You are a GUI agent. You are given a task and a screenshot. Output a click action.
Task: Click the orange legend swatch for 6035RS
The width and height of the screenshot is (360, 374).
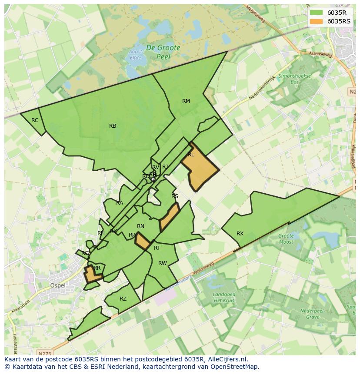click(x=316, y=21)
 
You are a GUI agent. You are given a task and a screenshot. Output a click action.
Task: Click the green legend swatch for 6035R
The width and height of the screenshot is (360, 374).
click(x=316, y=13)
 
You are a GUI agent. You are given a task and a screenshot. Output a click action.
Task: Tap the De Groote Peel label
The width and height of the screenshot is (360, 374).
click(x=163, y=52)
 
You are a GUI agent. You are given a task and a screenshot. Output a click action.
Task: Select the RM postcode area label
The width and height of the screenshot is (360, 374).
click(x=186, y=101)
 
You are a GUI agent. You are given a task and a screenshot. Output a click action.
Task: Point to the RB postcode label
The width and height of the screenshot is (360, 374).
click(x=113, y=126)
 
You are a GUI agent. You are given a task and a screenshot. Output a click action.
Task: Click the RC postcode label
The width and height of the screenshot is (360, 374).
click(x=35, y=120)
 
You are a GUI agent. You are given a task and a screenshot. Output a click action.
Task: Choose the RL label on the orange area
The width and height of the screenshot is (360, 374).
click(x=191, y=155)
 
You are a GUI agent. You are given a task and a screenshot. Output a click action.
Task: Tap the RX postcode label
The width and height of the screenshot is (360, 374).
click(x=240, y=234)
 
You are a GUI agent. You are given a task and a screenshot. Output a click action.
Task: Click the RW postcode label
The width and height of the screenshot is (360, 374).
click(x=163, y=263)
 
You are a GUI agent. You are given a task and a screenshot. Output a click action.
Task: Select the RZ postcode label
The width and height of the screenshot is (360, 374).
click(x=123, y=299)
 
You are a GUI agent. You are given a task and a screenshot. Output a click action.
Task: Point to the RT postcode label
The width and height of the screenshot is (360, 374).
click(x=157, y=248)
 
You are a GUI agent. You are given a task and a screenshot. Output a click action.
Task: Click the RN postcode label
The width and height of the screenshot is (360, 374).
click(x=140, y=226)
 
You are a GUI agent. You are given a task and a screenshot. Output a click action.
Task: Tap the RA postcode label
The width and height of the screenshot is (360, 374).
click(x=120, y=203)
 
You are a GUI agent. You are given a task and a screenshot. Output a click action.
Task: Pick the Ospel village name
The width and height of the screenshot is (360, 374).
click(x=58, y=285)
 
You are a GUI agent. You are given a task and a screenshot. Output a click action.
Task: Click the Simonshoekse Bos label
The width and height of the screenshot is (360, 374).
click(x=295, y=78)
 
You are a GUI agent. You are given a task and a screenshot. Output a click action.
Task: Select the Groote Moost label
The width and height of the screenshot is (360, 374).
click(x=286, y=239)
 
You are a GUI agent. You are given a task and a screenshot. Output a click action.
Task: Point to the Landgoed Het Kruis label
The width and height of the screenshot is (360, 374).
click(x=224, y=298)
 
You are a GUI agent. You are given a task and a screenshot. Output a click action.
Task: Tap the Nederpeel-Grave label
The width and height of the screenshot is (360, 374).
click(x=307, y=314)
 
